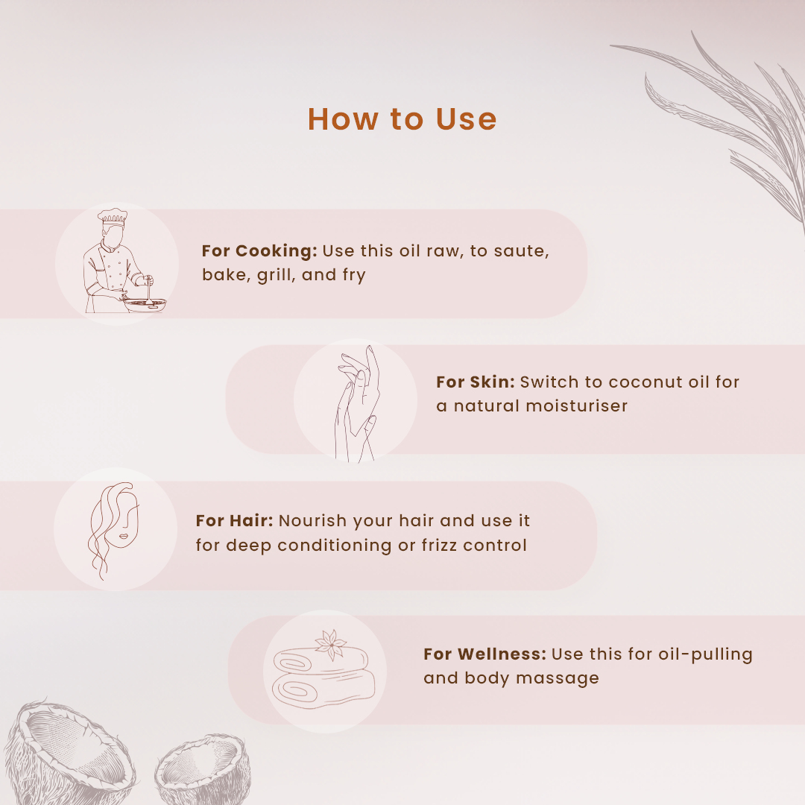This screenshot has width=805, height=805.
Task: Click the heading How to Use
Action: (x=402, y=119)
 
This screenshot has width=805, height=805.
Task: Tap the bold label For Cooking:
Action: (x=260, y=250)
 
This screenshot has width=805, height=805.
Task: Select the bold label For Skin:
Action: (x=476, y=382)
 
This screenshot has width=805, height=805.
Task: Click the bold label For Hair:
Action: (x=235, y=520)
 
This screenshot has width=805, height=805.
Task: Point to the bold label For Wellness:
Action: (x=485, y=654)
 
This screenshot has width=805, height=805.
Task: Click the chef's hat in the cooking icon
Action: (x=113, y=216)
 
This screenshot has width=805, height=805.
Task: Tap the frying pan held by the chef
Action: (x=145, y=304)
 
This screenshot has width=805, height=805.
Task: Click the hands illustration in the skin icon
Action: (x=357, y=404)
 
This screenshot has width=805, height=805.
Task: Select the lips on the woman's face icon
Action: (x=124, y=537)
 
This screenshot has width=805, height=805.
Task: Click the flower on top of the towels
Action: (x=331, y=644)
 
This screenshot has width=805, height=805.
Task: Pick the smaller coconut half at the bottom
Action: (x=203, y=768)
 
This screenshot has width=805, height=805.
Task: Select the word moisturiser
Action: (x=576, y=406)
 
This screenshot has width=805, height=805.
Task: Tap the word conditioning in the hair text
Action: (x=334, y=545)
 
